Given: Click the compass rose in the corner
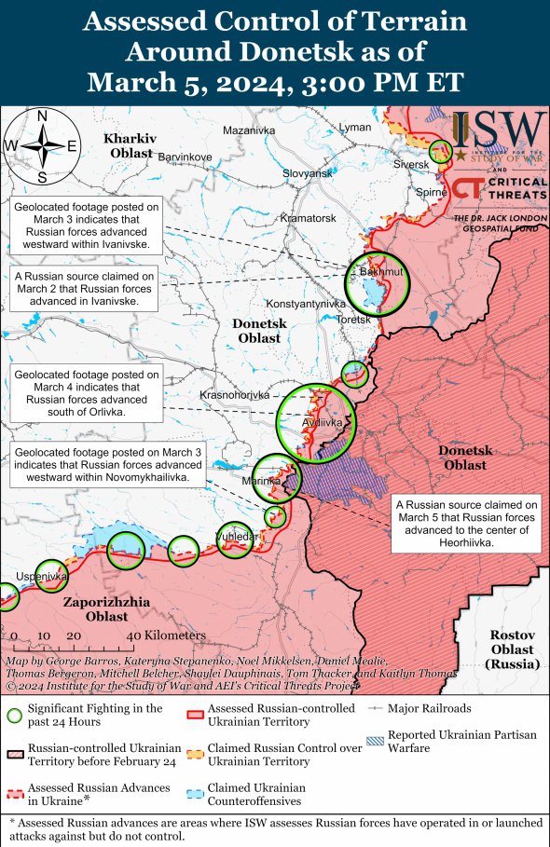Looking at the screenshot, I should [x=42, y=145].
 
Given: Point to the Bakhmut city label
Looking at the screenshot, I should [x=375, y=271].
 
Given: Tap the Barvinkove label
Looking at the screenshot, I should [x=186, y=157].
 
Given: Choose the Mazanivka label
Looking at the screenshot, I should [x=249, y=130].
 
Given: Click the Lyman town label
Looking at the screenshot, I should [x=354, y=127].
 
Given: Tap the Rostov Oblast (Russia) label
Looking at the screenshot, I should [x=512, y=649].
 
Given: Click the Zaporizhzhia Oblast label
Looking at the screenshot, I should [x=106, y=609].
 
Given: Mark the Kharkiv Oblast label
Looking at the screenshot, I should [x=131, y=144].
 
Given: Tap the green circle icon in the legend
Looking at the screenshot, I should [x=13, y=716].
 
